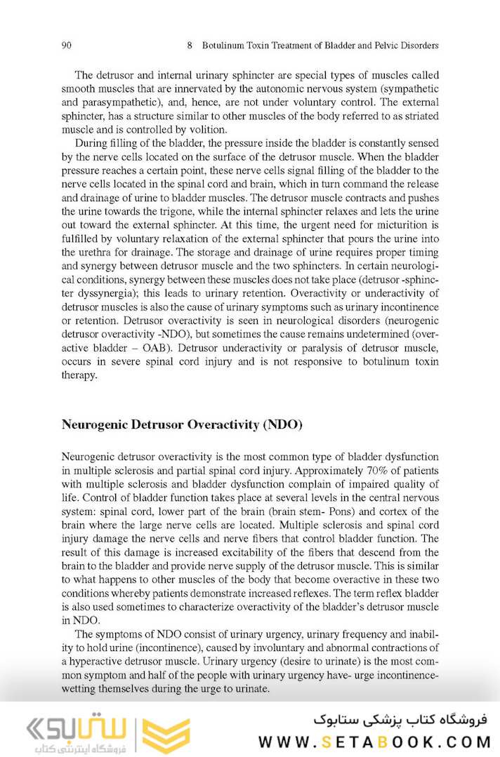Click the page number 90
67,46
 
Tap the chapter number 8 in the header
190,46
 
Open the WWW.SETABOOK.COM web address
372,742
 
